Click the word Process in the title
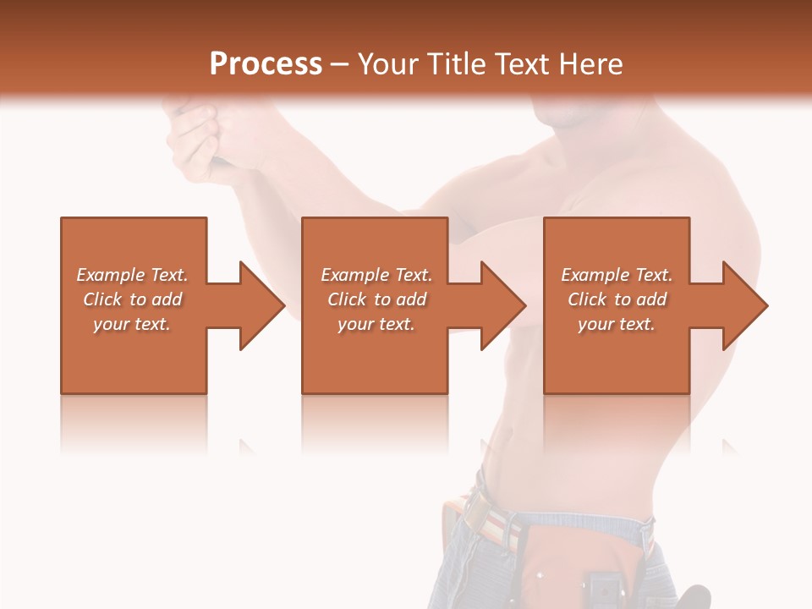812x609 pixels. [x=266, y=63]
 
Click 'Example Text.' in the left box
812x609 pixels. [x=132, y=275]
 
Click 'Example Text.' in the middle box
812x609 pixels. [x=376, y=275]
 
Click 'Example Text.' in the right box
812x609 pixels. [x=617, y=275]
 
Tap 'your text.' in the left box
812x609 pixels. [x=132, y=324]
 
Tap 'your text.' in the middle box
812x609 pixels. [x=376, y=324]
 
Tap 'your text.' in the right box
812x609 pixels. [x=617, y=324]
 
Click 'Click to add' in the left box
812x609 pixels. [x=132, y=299]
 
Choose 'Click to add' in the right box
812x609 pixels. [x=617, y=299]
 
